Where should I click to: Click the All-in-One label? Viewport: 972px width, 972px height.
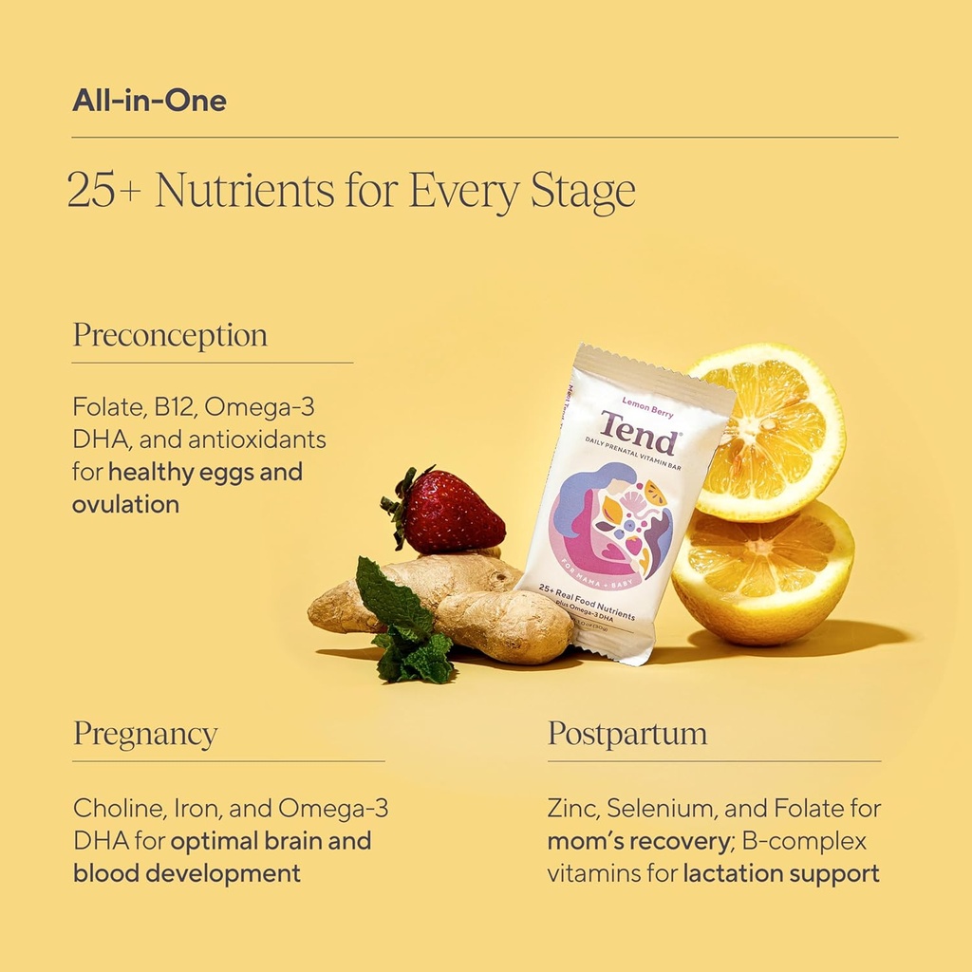coord(149,101)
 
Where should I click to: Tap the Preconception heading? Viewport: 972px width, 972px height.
coord(170,335)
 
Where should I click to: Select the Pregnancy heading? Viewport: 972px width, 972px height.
coord(145,734)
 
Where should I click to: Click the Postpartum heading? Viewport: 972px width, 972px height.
coord(627,734)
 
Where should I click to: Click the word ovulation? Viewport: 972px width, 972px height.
coord(125,504)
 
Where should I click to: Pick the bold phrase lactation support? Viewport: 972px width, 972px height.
coord(781,873)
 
